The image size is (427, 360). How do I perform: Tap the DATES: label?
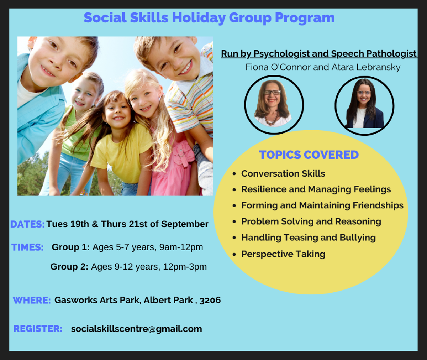coord(27,224)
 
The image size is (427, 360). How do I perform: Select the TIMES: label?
coord(27,247)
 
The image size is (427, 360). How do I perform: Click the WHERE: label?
coord(32,300)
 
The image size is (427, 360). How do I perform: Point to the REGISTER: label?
coord(38,328)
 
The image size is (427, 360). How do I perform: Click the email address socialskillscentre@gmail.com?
coord(136,329)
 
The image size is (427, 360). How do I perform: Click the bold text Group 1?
coord(71,247)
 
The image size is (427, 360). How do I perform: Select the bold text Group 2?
coord(69,267)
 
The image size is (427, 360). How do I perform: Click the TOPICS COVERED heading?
coord(309,155)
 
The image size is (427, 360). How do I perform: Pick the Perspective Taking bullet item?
coord(283,254)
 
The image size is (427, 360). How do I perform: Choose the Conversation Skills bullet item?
coord(283,173)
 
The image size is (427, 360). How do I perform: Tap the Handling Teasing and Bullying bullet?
coord(309,238)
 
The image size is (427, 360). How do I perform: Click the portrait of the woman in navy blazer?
coord(364,106)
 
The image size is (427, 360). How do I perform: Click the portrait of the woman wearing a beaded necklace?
coord(274,105)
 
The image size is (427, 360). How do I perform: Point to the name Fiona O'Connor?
coord(278,67)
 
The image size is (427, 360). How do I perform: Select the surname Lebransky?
coord(378,67)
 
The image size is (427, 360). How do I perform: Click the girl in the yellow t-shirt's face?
coord(117,110)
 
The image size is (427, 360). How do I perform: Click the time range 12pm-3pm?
coord(185,267)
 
